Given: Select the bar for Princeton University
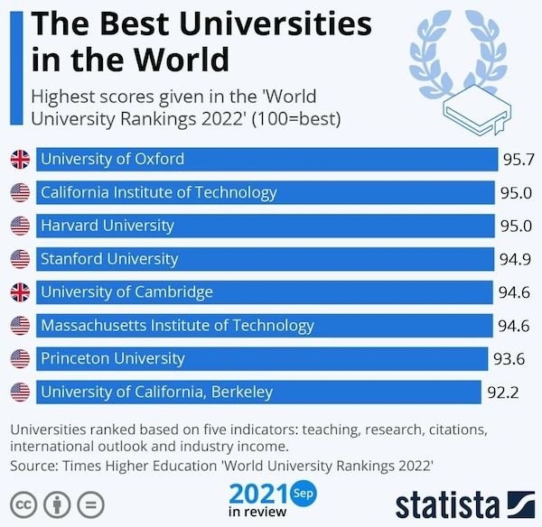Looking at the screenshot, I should click(x=261, y=358).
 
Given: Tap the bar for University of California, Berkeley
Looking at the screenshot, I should click(x=257, y=392).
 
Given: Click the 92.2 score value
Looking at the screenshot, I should click(x=502, y=392).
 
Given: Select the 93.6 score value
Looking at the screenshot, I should click(x=508, y=358).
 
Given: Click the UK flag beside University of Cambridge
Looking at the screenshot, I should click(x=20, y=292).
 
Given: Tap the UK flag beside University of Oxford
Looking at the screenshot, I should click(x=20, y=160).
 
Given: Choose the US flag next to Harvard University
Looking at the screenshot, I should click(x=20, y=226).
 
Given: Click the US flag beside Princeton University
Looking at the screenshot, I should click(x=20, y=358).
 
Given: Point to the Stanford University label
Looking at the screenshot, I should click(x=109, y=259).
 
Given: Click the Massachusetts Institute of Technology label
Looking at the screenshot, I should click(x=177, y=325).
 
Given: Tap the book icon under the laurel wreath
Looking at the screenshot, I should click(x=474, y=114).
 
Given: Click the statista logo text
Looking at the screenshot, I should click(x=446, y=503).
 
